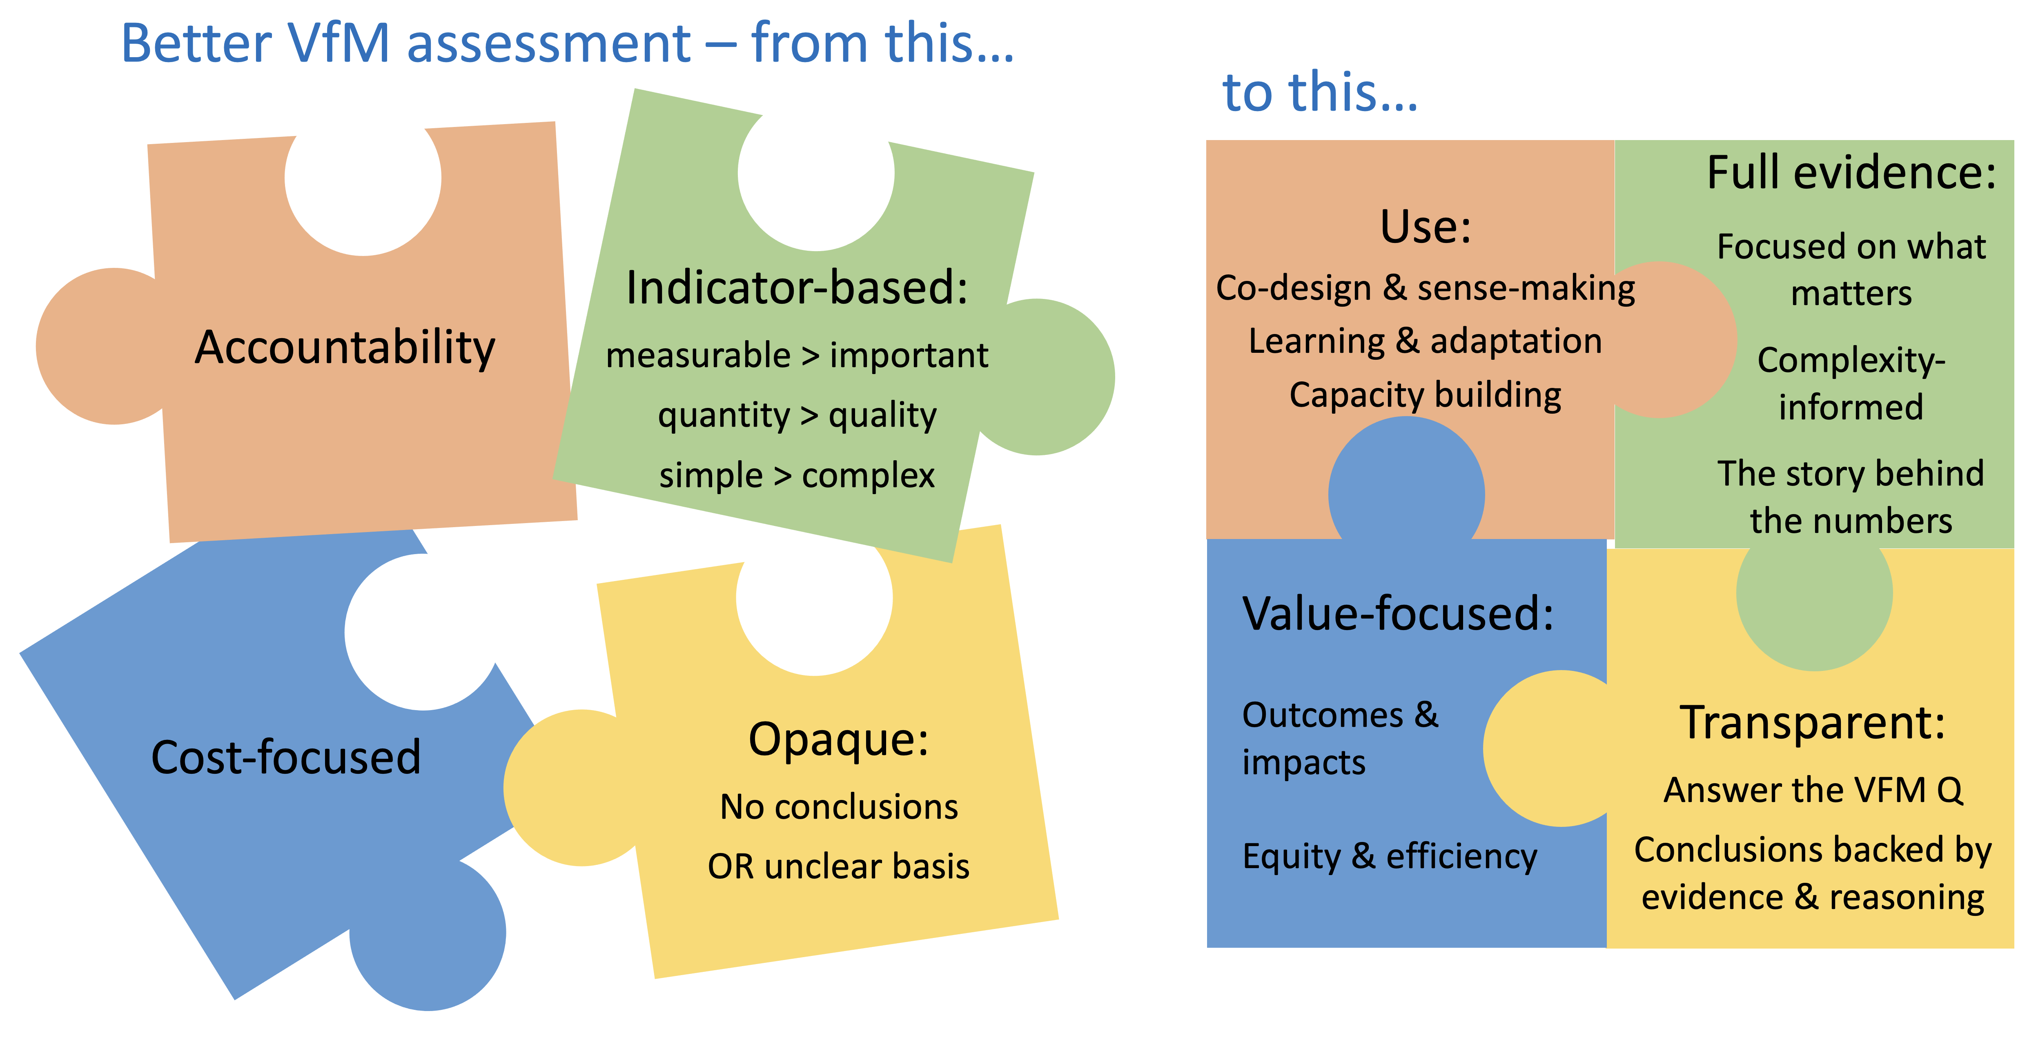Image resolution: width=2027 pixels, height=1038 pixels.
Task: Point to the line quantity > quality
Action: pyautogui.click(x=797, y=415)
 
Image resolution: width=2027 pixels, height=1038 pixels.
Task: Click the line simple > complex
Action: pyautogui.click(x=797, y=474)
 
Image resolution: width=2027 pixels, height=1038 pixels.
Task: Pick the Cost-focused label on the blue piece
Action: pyautogui.click(x=286, y=757)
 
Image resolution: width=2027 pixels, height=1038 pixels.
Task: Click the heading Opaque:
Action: pyautogui.click(x=839, y=740)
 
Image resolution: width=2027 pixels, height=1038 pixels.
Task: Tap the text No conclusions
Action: pyautogui.click(x=839, y=806)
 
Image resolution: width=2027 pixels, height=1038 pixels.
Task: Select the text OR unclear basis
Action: pyautogui.click(x=839, y=866)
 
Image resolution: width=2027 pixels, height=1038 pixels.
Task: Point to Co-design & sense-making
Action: pyautogui.click(x=1425, y=288)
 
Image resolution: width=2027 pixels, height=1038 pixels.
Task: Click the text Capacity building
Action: pyautogui.click(x=1425, y=395)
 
